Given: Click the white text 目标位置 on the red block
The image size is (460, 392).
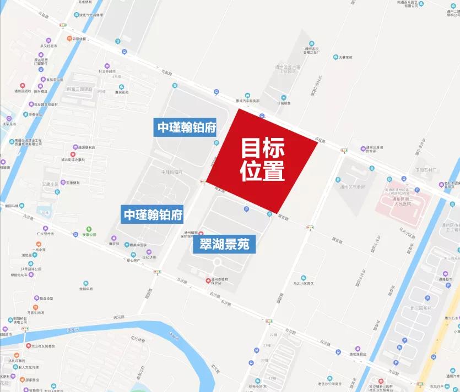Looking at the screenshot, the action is (x=262, y=159).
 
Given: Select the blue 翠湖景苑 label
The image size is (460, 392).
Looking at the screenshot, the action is (x=224, y=245).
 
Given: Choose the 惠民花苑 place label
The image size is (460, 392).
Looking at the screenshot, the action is (x=121, y=92).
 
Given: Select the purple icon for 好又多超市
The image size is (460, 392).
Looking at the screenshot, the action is (x=107, y=65).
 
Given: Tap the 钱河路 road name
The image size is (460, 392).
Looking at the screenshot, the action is (x=120, y=317).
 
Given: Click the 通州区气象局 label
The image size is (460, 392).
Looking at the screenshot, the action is (x=353, y=187).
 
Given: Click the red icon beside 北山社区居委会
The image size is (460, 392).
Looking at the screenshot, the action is (x=28, y=346).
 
